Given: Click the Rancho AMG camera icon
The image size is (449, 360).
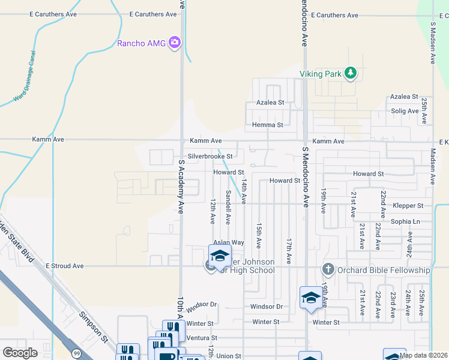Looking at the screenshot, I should (x=175, y=42).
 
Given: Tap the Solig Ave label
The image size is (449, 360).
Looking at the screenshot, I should (x=405, y=111).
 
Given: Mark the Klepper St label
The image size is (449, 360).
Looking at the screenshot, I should (x=408, y=205).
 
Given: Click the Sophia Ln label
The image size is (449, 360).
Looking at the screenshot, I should (x=406, y=221).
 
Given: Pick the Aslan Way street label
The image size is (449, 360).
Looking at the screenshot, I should (x=229, y=242).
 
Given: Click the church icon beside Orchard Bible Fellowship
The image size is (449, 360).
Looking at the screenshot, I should (x=328, y=269).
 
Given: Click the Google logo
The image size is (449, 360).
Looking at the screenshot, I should (x=20, y=353).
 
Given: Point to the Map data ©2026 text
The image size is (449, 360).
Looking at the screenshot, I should (x=423, y=355).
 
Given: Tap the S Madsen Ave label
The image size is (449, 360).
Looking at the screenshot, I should (x=433, y=43).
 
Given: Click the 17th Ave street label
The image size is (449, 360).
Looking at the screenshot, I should (x=289, y=251).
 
